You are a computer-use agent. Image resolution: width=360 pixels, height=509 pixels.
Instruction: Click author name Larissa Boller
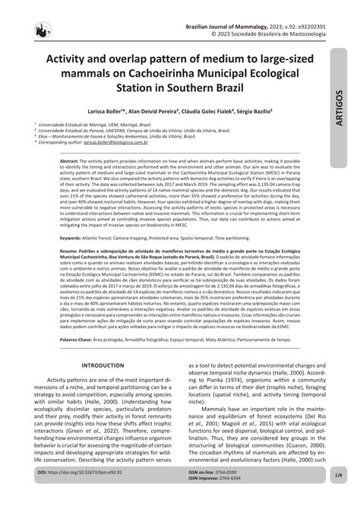107,111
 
